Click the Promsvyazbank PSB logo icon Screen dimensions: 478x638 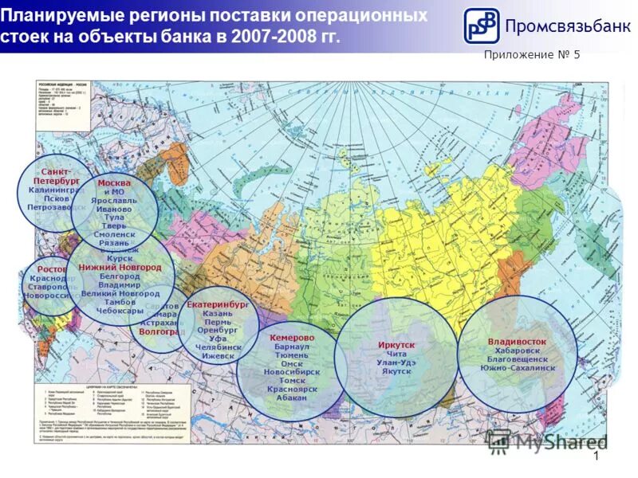[482, 25]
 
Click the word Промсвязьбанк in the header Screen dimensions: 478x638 [562, 25]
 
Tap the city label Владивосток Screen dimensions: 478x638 [517, 341]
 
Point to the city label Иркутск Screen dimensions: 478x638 [396, 343]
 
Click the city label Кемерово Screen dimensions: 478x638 [292, 338]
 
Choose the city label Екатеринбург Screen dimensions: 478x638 [218, 304]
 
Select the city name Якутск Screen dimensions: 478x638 [396, 372]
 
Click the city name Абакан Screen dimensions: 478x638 [291, 397]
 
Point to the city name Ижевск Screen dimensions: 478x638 [218, 356]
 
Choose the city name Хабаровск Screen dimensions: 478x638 [517, 351]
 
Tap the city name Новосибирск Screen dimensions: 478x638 [291, 372]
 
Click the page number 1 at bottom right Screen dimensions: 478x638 [596, 456]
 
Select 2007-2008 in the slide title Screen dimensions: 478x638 [270, 38]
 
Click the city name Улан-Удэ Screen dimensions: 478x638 [396, 362]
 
